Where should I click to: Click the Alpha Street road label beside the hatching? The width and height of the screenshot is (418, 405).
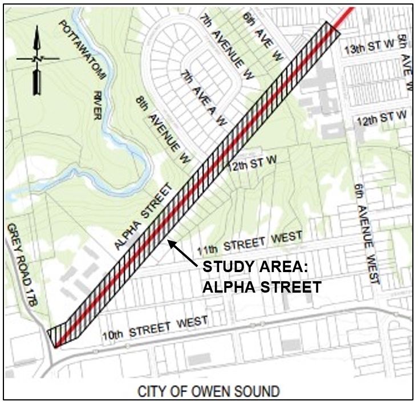[143, 216]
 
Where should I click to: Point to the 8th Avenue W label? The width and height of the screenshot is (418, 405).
[162, 129]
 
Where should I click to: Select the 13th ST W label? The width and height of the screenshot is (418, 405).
[368, 49]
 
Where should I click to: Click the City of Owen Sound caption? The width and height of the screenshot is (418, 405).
[209, 392]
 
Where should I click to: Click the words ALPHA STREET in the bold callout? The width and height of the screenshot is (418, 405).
[262, 287]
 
